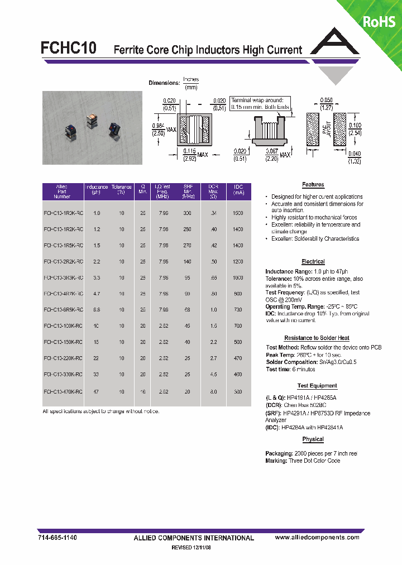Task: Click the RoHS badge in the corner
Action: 379,21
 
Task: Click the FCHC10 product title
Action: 68,49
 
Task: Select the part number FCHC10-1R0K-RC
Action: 63,213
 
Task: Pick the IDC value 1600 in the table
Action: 238,213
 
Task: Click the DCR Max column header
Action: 213,191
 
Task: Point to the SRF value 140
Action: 187,261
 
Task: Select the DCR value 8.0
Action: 213,392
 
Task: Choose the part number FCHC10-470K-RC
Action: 63,392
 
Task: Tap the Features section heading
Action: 313,185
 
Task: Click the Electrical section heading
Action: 313,262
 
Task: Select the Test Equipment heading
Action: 317,386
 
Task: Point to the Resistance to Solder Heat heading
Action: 317,338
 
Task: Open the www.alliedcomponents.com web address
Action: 317,537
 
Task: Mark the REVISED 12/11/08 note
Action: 191,548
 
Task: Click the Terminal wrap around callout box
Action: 253,103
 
